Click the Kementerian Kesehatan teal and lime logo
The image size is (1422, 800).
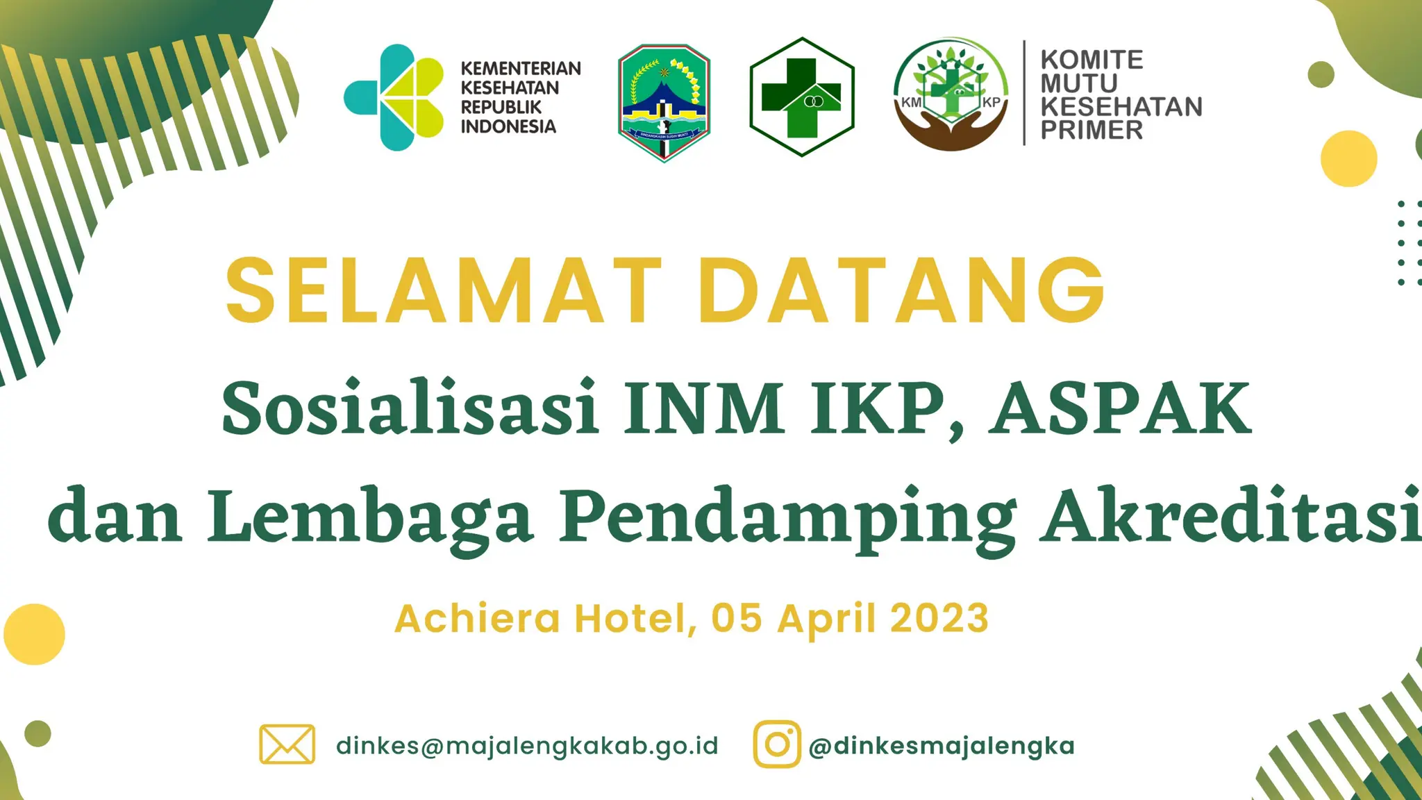394,97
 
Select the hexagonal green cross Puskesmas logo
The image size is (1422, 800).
802,97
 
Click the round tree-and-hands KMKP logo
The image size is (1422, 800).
951,94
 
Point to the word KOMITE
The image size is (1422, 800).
1091,60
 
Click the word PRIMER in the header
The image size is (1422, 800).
1091,130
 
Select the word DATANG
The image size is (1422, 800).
901,290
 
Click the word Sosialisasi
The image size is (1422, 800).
410,408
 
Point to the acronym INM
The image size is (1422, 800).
703,408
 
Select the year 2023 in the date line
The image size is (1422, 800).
939,618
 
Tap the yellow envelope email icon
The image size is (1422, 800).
287,744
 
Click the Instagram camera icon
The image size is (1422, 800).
777,744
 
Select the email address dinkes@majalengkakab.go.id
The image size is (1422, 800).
527,746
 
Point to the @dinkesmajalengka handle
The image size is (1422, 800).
942,746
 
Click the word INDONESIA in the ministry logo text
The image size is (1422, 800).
508,126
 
